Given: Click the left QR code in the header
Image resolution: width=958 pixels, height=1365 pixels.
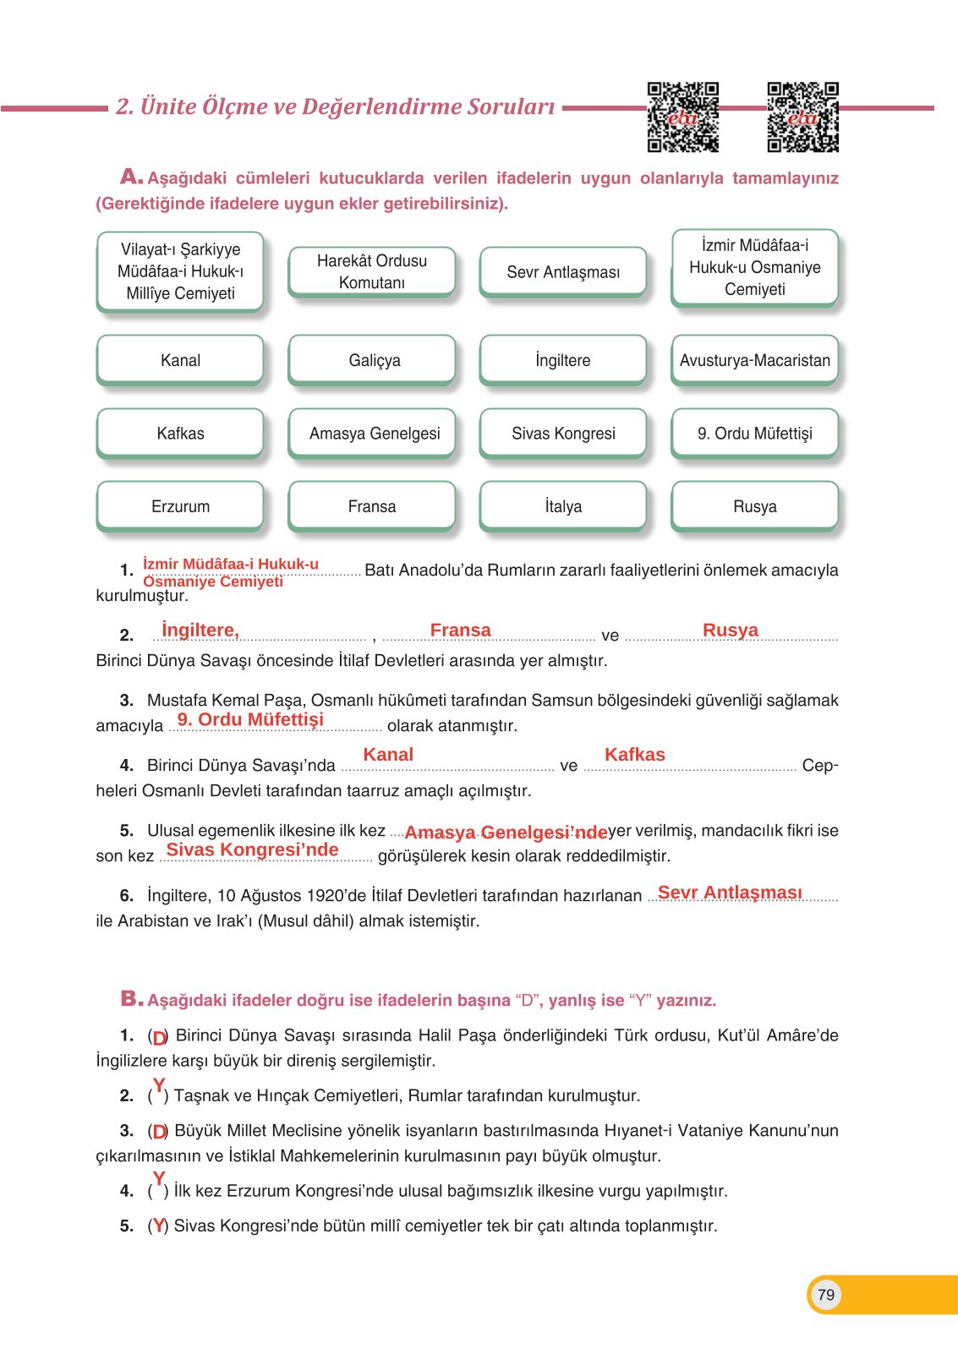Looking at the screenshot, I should (682, 117).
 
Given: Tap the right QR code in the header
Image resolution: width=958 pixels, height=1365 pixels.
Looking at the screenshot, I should (802, 117).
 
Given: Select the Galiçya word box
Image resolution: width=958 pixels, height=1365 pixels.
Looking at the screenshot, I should (374, 360).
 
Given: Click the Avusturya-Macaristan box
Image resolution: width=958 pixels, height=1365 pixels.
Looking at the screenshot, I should (754, 360).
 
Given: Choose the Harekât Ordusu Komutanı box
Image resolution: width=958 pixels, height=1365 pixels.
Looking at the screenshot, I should (372, 271).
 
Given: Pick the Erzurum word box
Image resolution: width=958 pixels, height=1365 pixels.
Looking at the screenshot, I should (180, 506).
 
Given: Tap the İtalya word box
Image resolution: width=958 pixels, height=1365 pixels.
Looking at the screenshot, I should (563, 506).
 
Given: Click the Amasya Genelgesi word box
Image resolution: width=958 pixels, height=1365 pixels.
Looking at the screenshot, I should (374, 434).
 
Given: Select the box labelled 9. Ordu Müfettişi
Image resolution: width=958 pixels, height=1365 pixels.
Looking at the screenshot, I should (754, 434).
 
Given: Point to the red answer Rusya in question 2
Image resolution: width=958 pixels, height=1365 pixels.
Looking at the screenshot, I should (730, 631).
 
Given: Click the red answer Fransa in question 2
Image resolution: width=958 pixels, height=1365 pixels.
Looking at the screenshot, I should (460, 631).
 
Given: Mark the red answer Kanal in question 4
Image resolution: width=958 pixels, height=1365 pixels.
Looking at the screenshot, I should (388, 755).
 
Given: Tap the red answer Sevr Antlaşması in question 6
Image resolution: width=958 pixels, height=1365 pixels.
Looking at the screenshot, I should (730, 893).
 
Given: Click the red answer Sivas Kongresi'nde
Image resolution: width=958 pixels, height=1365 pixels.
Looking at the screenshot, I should (252, 850).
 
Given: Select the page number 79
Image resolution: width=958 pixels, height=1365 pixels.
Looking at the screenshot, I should (826, 1295).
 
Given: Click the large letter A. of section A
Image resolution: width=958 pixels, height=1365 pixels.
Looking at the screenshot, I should (131, 177).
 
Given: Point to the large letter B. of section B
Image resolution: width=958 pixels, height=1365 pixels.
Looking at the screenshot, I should (131, 999).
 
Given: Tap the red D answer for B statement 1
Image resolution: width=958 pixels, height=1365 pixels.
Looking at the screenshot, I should (160, 1037).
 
